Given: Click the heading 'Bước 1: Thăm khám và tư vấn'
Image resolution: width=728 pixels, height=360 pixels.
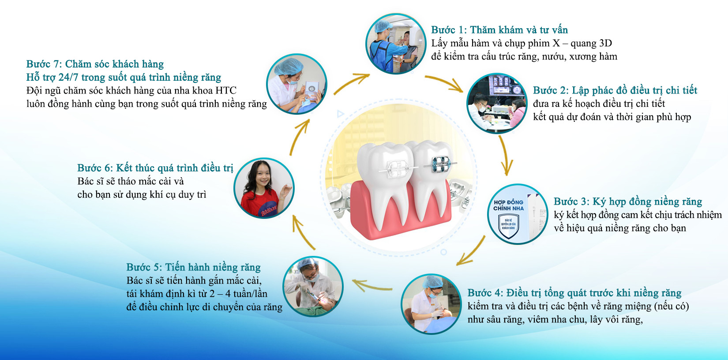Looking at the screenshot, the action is (x=499, y=30).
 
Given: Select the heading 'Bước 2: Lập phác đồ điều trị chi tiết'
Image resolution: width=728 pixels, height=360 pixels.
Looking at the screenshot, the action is (x=615, y=90).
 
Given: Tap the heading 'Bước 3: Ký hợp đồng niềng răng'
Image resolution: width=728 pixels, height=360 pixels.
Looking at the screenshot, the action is (x=627, y=202).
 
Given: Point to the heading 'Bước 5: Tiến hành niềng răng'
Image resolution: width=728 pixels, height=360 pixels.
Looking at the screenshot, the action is (x=193, y=267).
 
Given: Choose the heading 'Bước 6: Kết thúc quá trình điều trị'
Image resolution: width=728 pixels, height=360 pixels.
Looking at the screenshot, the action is (x=155, y=168).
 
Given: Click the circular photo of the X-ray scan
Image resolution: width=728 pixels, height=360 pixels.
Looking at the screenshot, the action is (x=395, y=44).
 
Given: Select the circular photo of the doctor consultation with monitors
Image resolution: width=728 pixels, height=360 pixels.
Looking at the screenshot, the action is (x=497, y=103).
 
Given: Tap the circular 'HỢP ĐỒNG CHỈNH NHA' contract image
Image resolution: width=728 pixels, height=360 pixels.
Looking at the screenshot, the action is (x=518, y=214).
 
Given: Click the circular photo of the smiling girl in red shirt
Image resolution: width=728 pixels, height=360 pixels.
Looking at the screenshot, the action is (x=264, y=188).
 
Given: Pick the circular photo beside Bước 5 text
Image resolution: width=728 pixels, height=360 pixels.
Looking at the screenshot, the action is (x=313, y=287).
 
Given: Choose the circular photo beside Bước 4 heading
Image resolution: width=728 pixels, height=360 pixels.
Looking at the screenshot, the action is (x=431, y=304).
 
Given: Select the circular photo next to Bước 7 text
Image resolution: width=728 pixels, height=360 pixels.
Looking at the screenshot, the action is (x=296, y=84).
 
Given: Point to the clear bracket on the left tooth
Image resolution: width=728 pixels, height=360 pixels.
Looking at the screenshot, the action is (x=397, y=169).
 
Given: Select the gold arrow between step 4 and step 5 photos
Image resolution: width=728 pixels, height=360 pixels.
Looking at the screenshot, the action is (x=372, y=285).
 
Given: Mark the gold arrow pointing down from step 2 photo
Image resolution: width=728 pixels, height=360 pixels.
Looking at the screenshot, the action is (x=505, y=155).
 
